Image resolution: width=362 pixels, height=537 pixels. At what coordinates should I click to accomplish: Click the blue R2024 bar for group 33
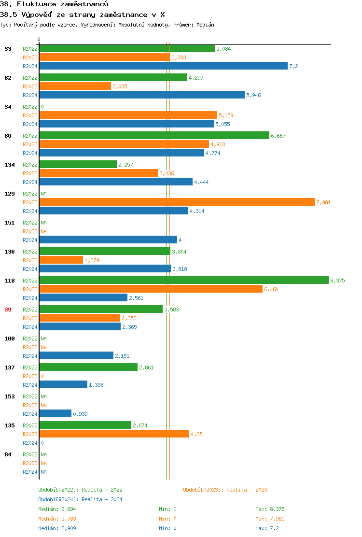click(x=163, y=66)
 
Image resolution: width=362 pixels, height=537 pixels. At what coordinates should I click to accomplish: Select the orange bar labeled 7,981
click(x=177, y=202)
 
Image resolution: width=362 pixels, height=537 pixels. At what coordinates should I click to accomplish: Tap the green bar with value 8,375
click(x=183, y=281)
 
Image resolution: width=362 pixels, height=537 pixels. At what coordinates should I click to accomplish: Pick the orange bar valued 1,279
click(x=61, y=260)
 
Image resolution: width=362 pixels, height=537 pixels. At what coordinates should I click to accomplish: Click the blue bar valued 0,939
click(x=55, y=414)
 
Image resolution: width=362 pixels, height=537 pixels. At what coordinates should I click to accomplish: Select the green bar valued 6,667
click(x=154, y=136)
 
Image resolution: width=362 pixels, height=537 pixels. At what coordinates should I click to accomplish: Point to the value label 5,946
click(x=253, y=95)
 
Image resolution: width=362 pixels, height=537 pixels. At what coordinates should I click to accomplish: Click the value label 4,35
click(x=196, y=434)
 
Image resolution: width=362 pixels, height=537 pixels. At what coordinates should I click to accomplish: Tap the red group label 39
click(x=8, y=310)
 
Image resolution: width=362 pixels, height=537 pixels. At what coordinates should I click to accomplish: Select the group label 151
click(x=10, y=223)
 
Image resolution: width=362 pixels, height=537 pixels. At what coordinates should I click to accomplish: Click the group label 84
click(x=8, y=454)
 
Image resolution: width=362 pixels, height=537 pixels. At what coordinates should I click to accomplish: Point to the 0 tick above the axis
click(x=39, y=39)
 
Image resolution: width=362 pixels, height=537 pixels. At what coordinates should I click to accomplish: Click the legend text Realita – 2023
click(x=247, y=490)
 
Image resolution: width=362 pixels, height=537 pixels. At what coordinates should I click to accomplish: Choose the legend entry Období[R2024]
click(x=58, y=499)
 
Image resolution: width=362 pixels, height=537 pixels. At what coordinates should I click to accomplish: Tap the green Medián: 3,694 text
click(x=57, y=509)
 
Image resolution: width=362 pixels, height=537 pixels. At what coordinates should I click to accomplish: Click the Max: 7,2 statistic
click(x=267, y=528)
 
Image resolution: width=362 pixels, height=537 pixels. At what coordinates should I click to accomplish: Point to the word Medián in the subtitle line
click(x=206, y=24)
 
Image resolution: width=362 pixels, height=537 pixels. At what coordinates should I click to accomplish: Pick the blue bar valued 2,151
click(x=76, y=356)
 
